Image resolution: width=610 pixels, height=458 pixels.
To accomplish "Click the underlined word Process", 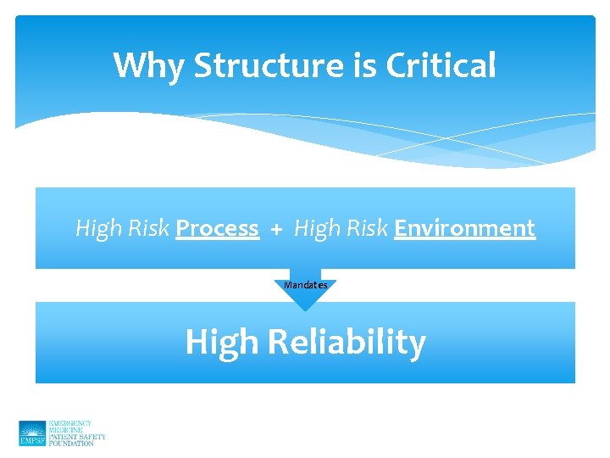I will [217, 228].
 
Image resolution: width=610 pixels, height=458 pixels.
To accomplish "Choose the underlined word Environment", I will [464, 228].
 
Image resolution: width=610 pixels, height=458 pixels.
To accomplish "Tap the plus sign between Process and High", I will [276, 229].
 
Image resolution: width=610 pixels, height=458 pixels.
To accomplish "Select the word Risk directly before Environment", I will [366, 228].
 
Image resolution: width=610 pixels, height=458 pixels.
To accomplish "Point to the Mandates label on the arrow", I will [306, 285].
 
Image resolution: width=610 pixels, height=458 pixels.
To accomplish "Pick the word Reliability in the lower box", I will [346, 343].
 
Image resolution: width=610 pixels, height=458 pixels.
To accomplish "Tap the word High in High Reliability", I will [222, 343].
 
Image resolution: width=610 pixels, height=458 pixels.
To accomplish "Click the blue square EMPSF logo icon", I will [32, 433].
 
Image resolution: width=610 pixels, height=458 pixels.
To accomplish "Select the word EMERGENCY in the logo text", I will [70, 423].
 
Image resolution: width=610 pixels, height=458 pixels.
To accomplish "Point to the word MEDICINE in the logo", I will [67, 430].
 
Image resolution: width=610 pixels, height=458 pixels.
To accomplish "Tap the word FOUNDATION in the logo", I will [71, 444].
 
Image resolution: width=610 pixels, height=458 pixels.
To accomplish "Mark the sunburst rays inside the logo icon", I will [32, 428].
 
